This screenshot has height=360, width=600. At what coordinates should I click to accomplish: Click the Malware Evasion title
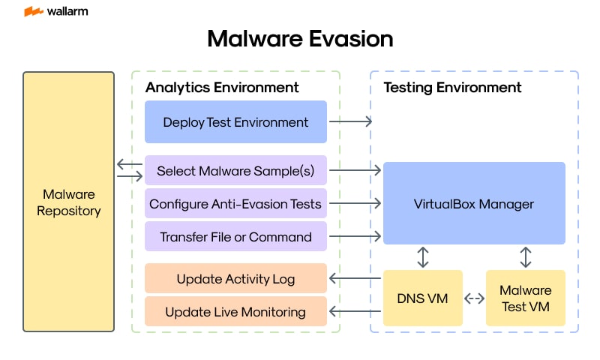click(300, 39)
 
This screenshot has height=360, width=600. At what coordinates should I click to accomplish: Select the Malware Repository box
click(68, 202)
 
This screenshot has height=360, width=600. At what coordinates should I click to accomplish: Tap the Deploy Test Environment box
click(235, 121)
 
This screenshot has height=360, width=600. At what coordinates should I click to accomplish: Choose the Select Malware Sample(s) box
click(235, 170)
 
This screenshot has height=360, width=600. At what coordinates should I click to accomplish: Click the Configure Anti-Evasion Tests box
click(235, 203)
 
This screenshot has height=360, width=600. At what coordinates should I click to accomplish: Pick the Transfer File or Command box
click(235, 236)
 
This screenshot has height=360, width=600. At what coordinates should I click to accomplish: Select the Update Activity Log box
click(235, 279)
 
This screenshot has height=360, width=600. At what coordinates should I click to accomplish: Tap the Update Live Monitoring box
click(235, 311)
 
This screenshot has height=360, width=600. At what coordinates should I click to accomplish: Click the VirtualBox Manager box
click(474, 203)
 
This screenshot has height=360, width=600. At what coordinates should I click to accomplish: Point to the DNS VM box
click(422, 298)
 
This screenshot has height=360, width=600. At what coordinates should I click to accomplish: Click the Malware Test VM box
click(525, 298)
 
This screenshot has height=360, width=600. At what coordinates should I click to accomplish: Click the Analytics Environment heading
click(222, 87)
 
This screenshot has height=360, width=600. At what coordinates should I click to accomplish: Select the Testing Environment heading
click(452, 87)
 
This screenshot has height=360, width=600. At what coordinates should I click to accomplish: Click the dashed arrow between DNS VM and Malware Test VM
click(474, 298)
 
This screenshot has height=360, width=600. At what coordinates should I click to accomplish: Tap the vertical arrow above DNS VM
click(423, 256)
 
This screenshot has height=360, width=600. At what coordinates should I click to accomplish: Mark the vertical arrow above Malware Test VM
click(525, 256)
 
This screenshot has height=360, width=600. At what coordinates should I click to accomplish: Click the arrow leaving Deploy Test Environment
click(351, 121)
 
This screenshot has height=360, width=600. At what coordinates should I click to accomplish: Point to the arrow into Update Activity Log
click(355, 279)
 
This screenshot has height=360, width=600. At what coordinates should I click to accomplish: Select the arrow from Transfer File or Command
click(355, 236)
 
